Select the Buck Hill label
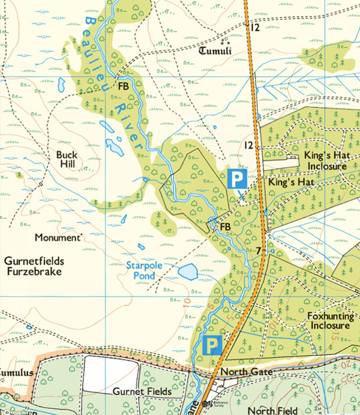click(67, 159)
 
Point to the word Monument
click(57, 237)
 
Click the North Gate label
click(246, 373)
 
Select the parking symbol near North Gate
click(211, 345)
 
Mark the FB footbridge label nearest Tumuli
click(124, 86)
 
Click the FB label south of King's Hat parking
click(226, 227)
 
